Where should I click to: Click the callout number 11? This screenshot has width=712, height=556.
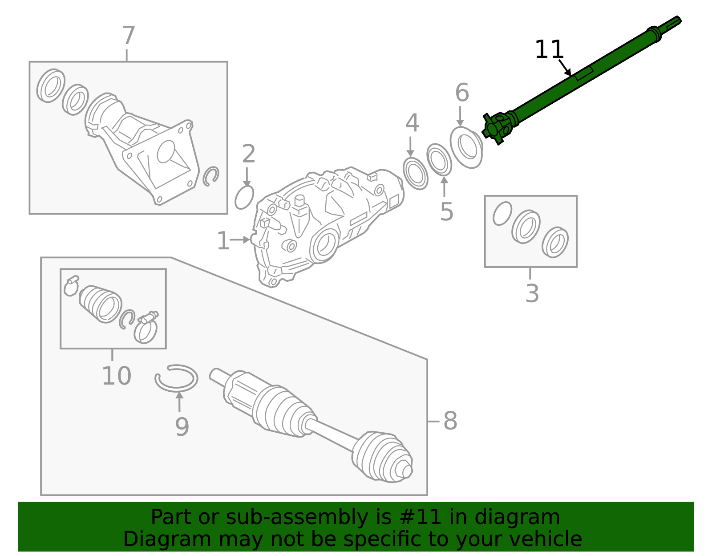[549, 49]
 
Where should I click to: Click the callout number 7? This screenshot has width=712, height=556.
[128, 36]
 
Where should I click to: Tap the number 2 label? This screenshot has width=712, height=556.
[248, 154]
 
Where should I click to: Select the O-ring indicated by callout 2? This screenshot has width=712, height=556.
[244, 197]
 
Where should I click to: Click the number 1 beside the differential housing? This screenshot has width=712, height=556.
[223, 241]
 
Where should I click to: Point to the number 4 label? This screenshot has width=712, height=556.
[412, 123]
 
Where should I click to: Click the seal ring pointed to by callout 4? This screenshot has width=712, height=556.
[415, 173]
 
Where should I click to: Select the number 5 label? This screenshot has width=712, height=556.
[446, 211]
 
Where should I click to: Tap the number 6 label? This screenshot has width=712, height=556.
[462, 93]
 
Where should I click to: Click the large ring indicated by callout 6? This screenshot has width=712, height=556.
[466, 147]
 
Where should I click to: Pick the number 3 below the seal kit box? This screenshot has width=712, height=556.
[532, 293]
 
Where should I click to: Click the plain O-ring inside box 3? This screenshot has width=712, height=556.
[502, 214]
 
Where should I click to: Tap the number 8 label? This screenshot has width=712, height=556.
[450, 421]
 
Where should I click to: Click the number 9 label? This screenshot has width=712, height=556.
[182, 427]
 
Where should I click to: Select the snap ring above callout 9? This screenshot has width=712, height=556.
[176, 378]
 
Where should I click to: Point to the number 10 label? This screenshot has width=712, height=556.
[116, 376]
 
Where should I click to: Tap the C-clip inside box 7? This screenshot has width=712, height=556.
[211, 176]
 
